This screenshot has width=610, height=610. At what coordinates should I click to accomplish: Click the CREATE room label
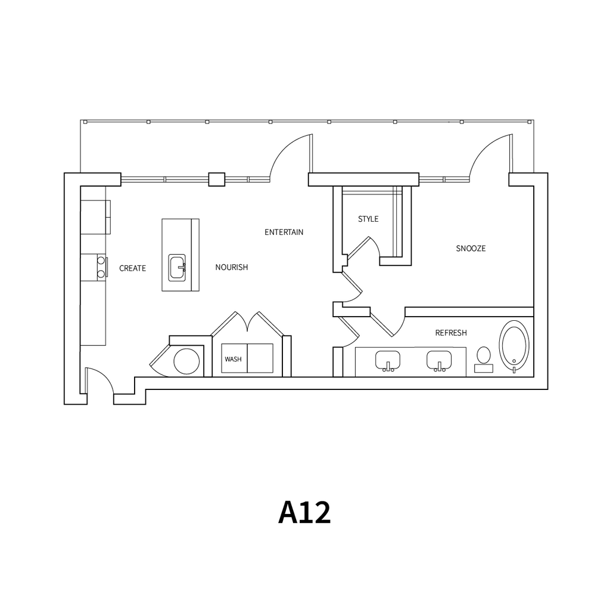(132, 268)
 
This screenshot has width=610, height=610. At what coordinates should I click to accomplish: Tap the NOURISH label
(232, 267)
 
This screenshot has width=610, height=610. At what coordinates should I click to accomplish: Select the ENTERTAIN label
(284, 232)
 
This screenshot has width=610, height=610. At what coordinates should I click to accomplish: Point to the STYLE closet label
(368, 219)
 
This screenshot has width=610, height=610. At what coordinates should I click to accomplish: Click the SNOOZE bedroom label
(471, 249)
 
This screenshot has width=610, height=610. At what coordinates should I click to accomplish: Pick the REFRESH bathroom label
(451, 333)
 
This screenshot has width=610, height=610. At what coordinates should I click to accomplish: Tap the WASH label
(233, 359)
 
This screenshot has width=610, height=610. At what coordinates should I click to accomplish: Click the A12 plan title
(304, 513)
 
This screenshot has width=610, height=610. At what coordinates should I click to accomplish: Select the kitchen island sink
(177, 268)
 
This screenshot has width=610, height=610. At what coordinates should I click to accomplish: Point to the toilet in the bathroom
(484, 359)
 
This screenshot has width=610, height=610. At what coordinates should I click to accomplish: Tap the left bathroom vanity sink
(387, 360)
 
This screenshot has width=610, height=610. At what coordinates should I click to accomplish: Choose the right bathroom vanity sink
(439, 360)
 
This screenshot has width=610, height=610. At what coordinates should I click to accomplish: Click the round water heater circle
(186, 361)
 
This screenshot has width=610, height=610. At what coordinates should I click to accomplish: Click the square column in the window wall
(217, 179)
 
